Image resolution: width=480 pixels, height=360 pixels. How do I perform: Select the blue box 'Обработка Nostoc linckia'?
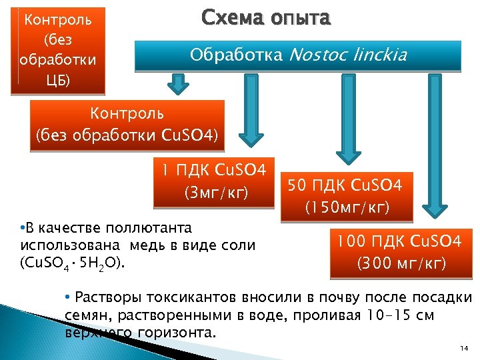pyautogui.click(x=297, y=56)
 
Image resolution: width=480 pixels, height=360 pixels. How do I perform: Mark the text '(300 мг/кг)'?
pyautogui.click(x=401, y=264)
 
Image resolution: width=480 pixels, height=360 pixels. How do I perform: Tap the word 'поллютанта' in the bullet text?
pyautogui.click(x=146, y=228)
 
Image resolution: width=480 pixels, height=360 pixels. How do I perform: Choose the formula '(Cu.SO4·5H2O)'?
pyautogui.click(x=73, y=263)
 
